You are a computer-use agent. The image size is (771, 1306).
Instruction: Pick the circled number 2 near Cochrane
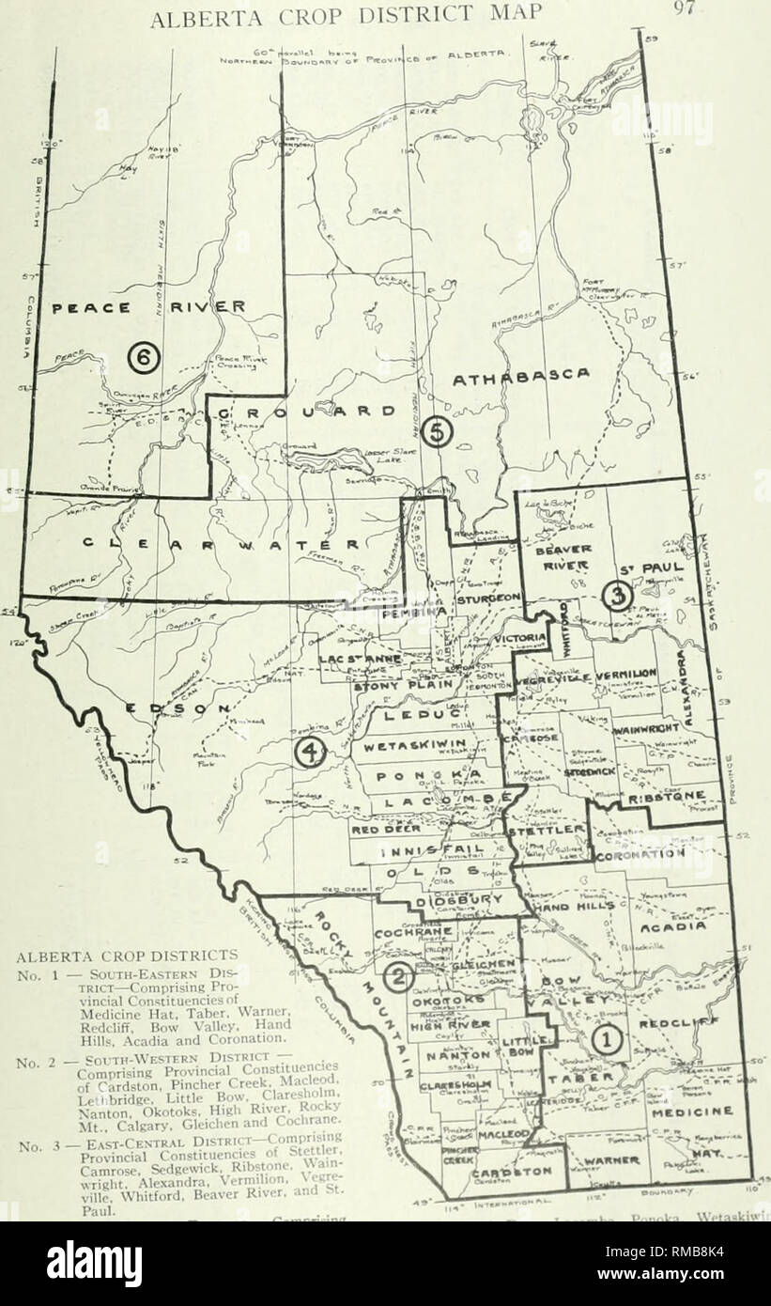point(398,978)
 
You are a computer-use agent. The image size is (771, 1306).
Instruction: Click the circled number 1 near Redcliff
point(606,1039)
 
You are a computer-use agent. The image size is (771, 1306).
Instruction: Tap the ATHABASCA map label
point(522,377)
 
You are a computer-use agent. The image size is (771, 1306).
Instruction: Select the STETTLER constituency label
point(547,831)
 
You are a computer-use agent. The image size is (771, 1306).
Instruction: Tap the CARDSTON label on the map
point(509,1174)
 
